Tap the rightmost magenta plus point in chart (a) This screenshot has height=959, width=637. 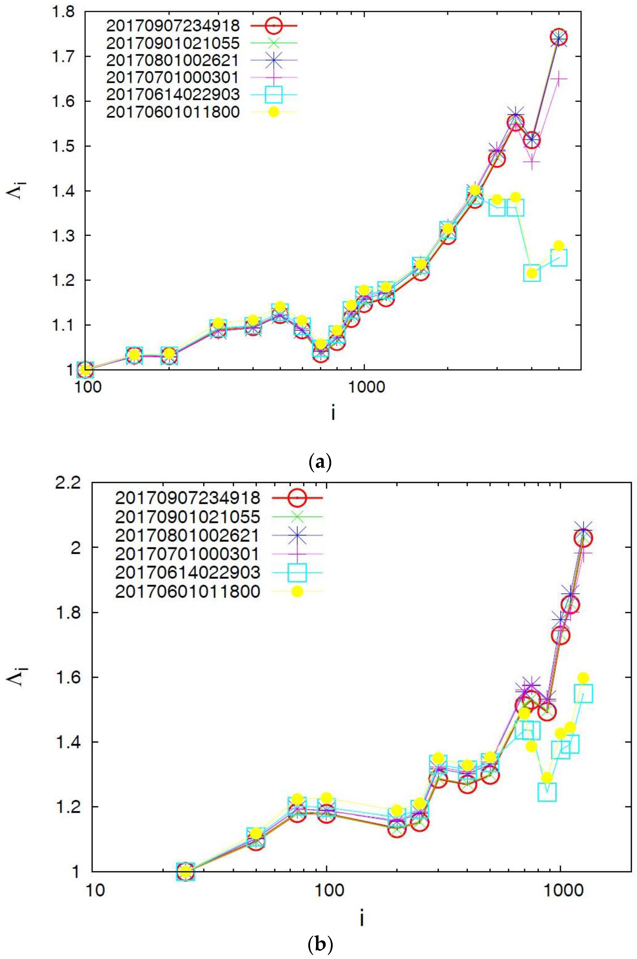click(559, 79)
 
